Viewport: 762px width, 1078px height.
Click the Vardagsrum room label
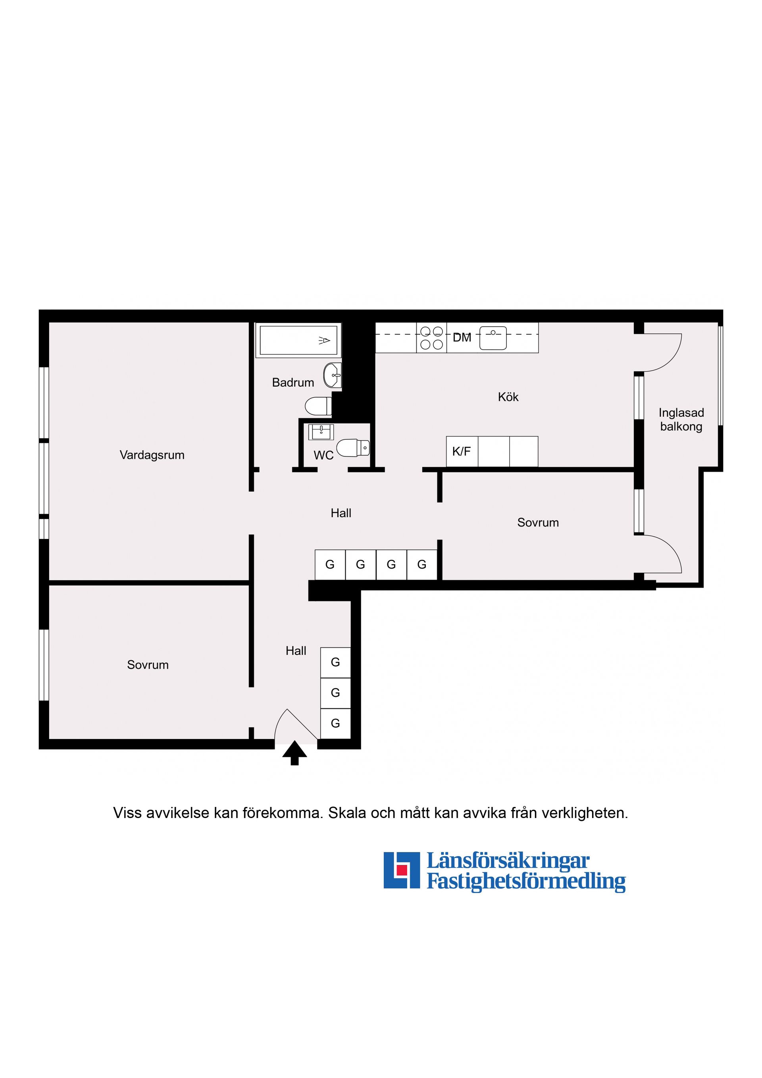(152, 455)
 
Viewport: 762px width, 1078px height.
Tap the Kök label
(508, 397)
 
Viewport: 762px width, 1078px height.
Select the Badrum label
(293, 383)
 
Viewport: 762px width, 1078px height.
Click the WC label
(323, 455)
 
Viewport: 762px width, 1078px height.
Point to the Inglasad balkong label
(681, 420)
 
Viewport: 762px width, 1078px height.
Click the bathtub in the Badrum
(298, 341)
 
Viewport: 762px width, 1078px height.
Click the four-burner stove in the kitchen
(431, 338)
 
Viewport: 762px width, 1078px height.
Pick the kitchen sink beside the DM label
(493, 338)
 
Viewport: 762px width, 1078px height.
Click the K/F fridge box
(462, 452)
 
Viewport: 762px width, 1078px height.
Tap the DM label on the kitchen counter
(462, 338)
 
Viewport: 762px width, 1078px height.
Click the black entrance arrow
(294, 753)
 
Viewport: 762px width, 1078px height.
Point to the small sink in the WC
(321, 431)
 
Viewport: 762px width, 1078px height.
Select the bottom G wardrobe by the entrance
(335, 724)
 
